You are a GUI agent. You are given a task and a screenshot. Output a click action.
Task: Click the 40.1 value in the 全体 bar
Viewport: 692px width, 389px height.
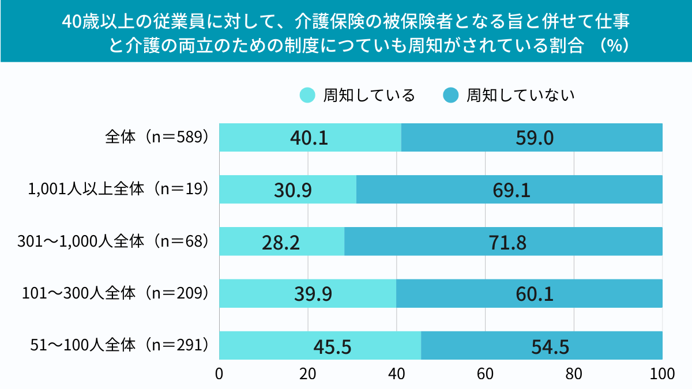tap(310, 138)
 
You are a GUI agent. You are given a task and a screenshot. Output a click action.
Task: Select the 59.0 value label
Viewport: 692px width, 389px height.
tap(532, 138)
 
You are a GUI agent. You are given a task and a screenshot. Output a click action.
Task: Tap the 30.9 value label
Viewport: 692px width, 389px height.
tap(288, 190)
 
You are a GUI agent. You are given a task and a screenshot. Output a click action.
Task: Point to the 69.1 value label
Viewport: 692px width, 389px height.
tap(509, 190)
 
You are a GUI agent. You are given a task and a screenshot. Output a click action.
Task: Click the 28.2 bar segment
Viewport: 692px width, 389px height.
tap(281, 241)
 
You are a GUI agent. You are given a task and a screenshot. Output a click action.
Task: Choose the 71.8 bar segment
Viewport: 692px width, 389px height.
tap(503, 241)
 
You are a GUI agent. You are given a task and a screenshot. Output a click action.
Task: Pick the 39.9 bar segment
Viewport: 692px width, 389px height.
tap(307, 293)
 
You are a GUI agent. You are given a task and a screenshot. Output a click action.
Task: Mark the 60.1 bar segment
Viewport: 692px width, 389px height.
tap(529, 293)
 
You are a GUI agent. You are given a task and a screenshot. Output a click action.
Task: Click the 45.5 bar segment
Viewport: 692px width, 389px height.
tap(320, 346)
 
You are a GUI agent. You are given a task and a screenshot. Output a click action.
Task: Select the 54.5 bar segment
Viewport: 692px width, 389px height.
tap(541, 346)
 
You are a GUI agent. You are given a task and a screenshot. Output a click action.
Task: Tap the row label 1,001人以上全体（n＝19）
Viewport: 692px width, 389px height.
tap(118, 189)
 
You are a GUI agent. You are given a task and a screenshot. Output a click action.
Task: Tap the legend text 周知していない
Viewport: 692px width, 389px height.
tap(520, 95)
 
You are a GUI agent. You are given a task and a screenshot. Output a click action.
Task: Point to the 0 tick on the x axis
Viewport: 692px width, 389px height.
tap(219, 373)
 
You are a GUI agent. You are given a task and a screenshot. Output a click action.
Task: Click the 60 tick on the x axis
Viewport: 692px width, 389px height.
tap(485, 373)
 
